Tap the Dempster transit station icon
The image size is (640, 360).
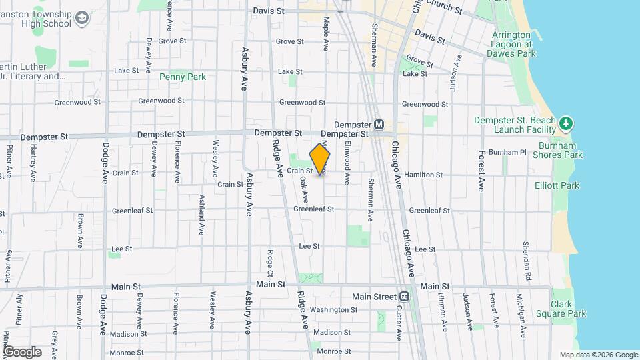point(379,125)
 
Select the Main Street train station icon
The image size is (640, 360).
point(404,297)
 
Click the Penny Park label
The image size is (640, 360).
point(183,77)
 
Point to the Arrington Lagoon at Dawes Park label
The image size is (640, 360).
point(512,43)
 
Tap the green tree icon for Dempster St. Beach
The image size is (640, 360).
point(566,123)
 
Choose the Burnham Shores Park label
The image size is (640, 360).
point(553,150)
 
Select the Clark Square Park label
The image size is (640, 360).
point(568,308)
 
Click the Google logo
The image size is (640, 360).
point(23,351)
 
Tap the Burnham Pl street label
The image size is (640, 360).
point(507,152)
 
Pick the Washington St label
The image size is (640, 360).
point(334,309)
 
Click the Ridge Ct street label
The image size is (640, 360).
point(271,264)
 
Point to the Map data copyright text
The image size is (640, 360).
point(598,355)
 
